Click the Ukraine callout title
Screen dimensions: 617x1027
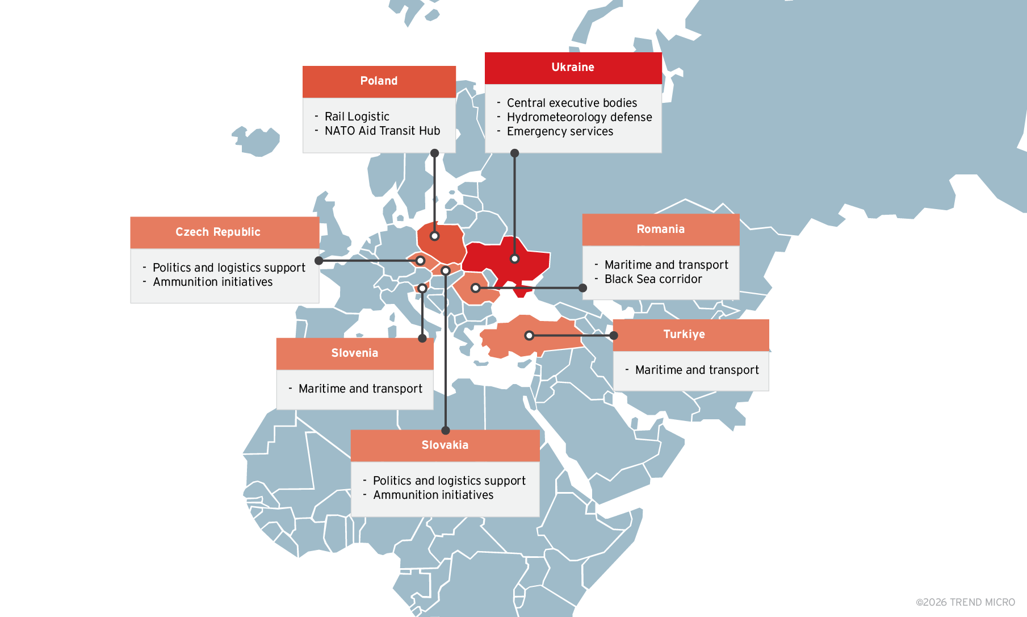click(573, 67)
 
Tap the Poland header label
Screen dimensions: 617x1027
click(379, 81)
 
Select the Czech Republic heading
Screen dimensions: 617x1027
click(218, 232)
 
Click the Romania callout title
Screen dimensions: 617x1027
click(660, 229)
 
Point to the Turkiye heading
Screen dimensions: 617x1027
click(684, 334)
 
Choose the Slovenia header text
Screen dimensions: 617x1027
click(355, 353)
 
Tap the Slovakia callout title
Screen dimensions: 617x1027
click(445, 445)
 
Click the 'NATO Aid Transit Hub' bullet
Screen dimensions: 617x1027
click(382, 131)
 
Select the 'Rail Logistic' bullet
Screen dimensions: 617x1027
click(357, 116)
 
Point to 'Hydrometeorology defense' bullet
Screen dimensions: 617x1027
click(579, 117)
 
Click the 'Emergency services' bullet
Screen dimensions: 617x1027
click(560, 131)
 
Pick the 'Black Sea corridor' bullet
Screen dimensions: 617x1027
click(653, 279)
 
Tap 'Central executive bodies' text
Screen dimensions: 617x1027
click(572, 103)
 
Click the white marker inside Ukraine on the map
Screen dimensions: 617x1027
click(514, 259)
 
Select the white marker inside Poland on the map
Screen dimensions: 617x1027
click(434, 236)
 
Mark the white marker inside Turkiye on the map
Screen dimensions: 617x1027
click(529, 336)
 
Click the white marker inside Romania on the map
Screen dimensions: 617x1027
click(475, 288)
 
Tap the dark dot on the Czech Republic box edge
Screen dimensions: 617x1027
click(319, 261)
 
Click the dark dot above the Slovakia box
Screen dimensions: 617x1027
click(446, 431)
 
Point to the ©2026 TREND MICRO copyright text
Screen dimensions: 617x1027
click(965, 602)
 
